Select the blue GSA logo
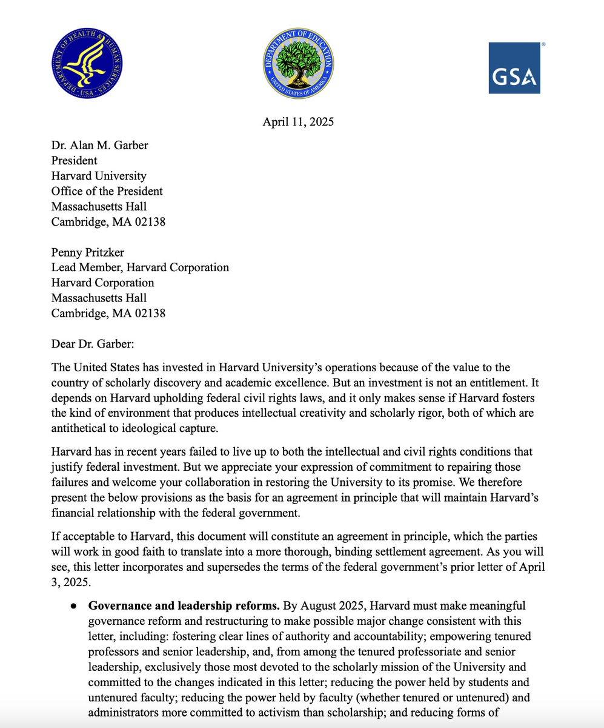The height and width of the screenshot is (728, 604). point(514,68)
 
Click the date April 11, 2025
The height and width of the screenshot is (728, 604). point(298,122)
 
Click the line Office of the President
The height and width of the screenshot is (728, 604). point(107,191)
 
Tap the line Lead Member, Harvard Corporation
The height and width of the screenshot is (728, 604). point(140,268)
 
